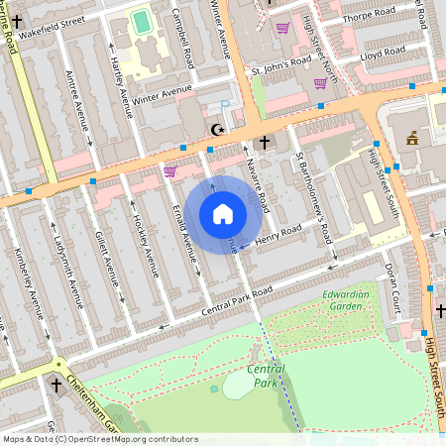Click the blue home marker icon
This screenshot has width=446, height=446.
pyautogui.click(x=223, y=213)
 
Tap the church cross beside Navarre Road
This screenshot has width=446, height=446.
pyautogui.click(x=264, y=144)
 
